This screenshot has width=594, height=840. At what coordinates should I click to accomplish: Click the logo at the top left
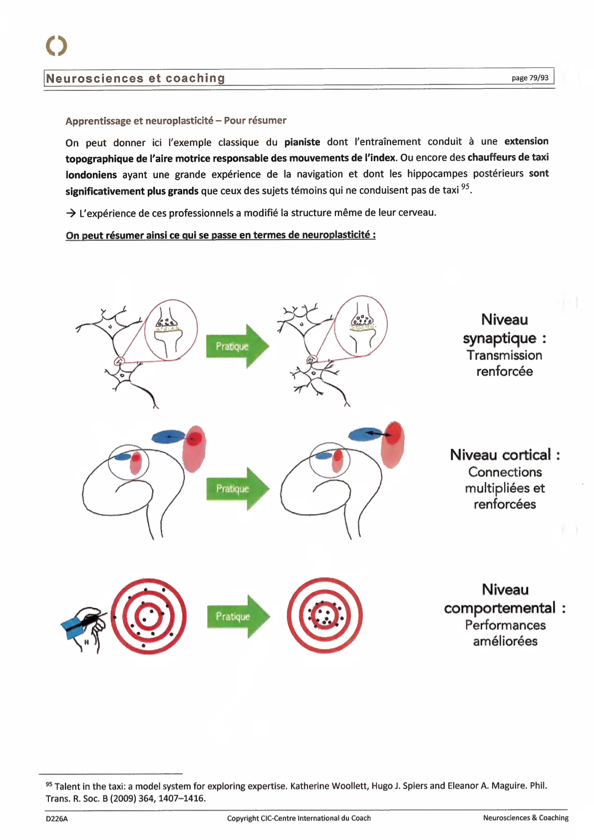pos(56,45)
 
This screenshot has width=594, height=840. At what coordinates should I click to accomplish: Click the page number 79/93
pos(530,78)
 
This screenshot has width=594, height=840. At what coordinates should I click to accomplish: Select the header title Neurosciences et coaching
pos(135,78)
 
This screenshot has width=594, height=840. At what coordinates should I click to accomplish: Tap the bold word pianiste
pos(302,142)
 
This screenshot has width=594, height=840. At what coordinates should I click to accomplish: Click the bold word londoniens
pos(91,175)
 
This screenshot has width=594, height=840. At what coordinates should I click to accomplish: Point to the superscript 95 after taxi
pos(465,187)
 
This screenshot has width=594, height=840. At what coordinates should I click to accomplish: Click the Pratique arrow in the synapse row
pos(237,346)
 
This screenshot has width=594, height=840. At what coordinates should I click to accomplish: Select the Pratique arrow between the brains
pos(237,489)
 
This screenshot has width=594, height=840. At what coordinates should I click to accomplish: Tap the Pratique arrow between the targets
pos(237,616)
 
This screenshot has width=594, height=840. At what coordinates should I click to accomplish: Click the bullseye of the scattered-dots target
pos(148,616)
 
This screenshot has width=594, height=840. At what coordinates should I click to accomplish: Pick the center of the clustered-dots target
pos(324,616)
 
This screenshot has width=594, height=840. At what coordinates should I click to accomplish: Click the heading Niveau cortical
pos(504,455)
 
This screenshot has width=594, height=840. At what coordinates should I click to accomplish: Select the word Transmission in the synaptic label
pos(504,355)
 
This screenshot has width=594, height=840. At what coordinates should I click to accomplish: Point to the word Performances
pos(505,625)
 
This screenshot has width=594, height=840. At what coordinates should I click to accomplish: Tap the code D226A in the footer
pos(56,819)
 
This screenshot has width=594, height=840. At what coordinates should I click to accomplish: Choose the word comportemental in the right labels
pos(499,608)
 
